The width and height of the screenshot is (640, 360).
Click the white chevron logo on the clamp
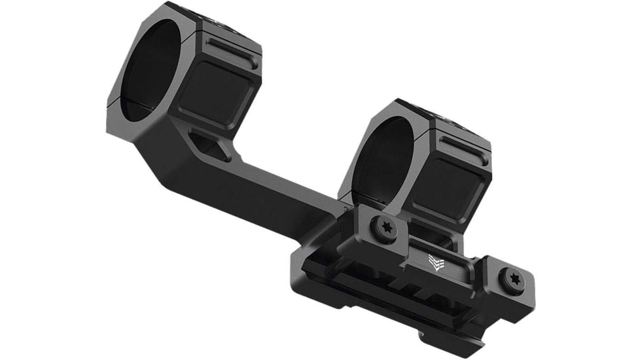pyautogui.click(x=435, y=261)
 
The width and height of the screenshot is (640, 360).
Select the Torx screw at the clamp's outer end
pyautogui.click(x=512, y=279)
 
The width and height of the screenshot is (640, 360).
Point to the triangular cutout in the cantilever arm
pyautogui.click(x=208, y=146)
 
